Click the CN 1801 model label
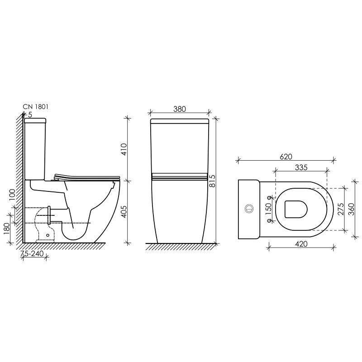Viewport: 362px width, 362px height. pyautogui.click(x=35, y=107)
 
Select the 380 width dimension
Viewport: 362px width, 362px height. pyautogui.click(x=180, y=109)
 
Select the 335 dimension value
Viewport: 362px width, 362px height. pyautogui.click(x=301, y=167)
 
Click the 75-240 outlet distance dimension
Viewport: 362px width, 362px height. pyautogui.click(x=33, y=254)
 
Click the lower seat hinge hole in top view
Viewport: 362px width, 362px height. pyautogui.click(x=271, y=221)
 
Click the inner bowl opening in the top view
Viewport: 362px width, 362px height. pyautogui.click(x=296, y=209)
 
